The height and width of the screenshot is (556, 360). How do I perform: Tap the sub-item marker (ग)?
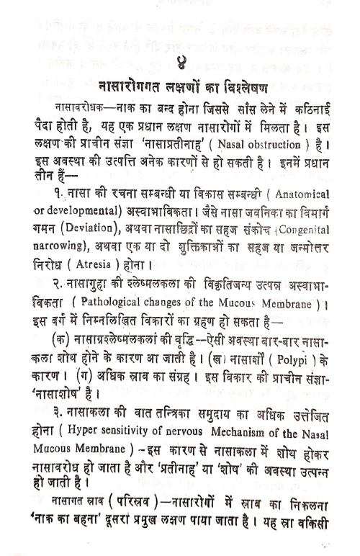[95, 373]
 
